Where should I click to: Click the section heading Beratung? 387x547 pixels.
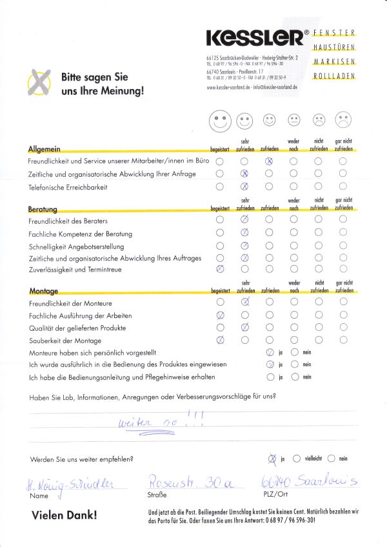tap(43, 210)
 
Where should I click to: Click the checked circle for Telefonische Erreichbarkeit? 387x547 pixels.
tap(244, 187)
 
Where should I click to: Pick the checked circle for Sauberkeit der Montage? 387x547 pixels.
tap(220, 339)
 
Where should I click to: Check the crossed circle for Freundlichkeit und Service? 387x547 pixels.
tap(269, 162)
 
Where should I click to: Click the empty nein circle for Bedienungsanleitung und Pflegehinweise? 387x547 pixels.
tap(294, 376)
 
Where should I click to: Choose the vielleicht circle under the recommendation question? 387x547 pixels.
tap(296, 459)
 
